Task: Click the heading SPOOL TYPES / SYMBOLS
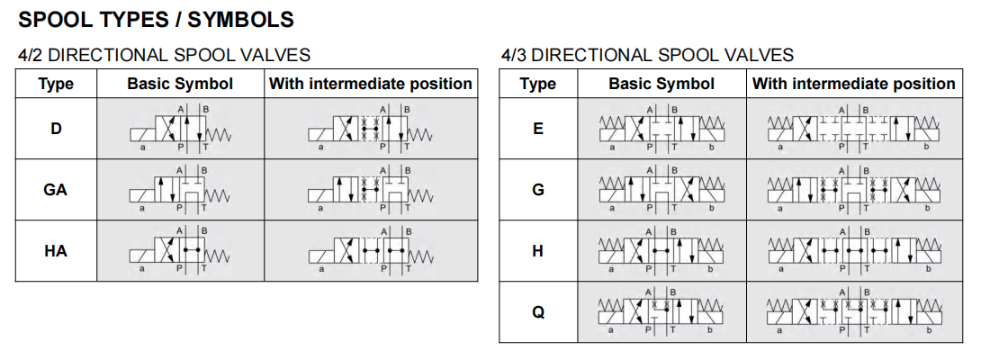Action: click(156, 19)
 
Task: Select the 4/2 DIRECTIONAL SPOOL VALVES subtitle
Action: click(164, 55)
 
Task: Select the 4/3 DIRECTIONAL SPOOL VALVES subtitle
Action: click(647, 55)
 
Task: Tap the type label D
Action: click(56, 129)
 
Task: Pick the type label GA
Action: click(56, 190)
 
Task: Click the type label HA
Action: click(56, 251)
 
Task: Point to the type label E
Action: click(538, 129)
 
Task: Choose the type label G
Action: click(538, 190)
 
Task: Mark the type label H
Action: click(538, 251)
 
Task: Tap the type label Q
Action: click(538, 312)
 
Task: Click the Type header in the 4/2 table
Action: click(56, 85)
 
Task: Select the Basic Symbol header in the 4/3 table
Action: click(661, 85)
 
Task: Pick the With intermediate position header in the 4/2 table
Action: click(370, 85)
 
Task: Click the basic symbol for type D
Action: click(180, 130)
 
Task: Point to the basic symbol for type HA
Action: click(180, 252)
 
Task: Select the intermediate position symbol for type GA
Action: click(370, 191)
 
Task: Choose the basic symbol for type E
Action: click(661, 130)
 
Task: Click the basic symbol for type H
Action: click(661, 252)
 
